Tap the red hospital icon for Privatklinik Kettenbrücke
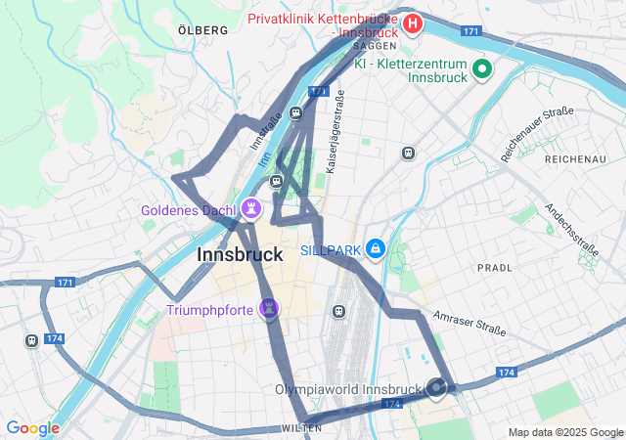point(413,22)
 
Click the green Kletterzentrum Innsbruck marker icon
point(481,68)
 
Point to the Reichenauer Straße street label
point(537,134)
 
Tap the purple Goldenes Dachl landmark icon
point(252,208)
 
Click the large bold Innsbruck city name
point(240,254)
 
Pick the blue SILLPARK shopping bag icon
point(376,250)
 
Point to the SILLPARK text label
point(331,251)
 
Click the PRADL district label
point(494,267)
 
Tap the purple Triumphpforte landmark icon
point(269,309)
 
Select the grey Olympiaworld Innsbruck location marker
point(436,388)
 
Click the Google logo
point(32,428)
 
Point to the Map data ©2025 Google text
point(564,432)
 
